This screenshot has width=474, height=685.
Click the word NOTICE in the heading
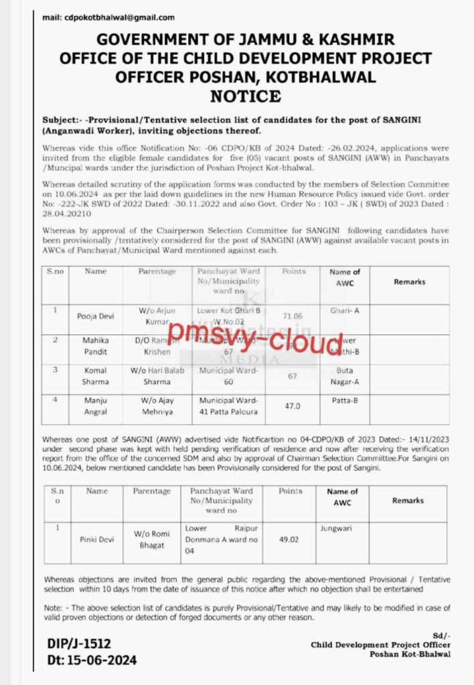pos(245,96)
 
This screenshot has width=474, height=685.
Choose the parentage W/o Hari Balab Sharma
pos(157,375)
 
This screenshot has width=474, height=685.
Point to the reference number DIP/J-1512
pos(79,644)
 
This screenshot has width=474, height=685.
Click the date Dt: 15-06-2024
pos(92,660)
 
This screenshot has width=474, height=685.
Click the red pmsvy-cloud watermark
pos(255,341)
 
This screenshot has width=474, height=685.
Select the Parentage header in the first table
pos(157,272)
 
